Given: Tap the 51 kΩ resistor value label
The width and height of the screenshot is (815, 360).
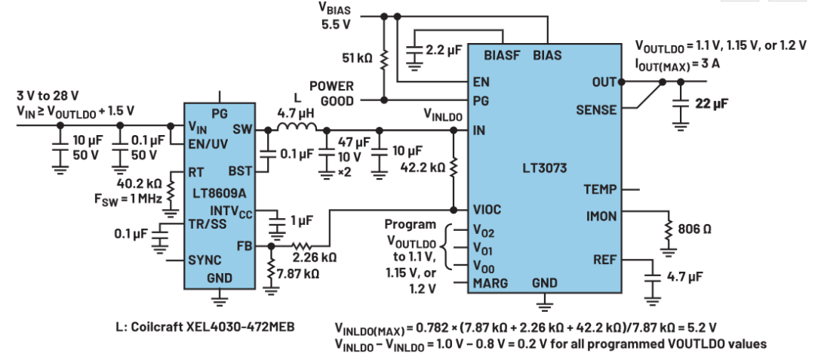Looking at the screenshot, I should click(358, 57).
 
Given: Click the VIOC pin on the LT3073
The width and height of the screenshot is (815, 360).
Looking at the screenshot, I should click(487, 210).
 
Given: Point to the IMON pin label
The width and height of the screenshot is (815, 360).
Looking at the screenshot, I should click(601, 217).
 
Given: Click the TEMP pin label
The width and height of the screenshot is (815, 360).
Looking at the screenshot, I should click(601, 189).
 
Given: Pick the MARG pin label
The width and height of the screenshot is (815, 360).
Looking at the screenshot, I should click(491, 283).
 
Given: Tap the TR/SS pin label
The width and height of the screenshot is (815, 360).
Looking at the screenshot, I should click(208, 223).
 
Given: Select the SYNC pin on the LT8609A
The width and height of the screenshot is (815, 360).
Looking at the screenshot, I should click(206, 259).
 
